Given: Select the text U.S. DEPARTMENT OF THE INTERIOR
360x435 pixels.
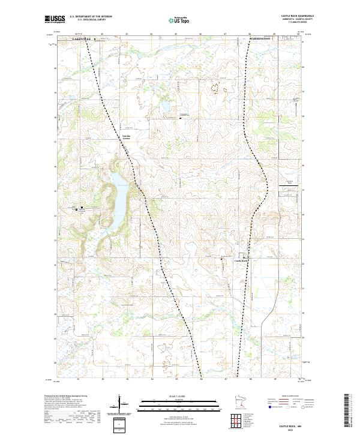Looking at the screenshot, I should point(91,17).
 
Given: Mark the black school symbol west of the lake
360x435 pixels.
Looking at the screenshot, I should point(82,209).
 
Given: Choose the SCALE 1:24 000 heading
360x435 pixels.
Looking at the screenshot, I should point(179,395).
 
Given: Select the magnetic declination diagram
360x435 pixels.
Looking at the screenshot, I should point(120,405).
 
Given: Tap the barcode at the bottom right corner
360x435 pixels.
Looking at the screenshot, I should point(347,413).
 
